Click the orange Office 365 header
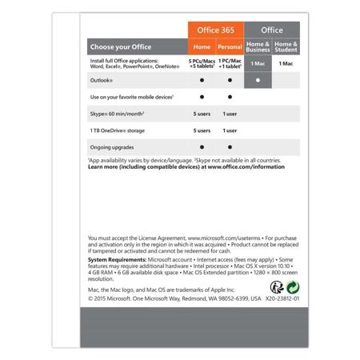click(x=214, y=30)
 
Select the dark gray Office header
click(x=271, y=30)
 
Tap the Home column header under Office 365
click(x=201, y=47)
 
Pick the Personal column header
click(x=230, y=47)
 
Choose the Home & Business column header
click(x=257, y=47)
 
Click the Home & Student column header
click(x=286, y=47)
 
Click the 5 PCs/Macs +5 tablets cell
click(x=201, y=63)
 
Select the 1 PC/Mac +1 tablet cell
click(x=230, y=63)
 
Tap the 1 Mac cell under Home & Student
click(x=286, y=62)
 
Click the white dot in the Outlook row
click(x=257, y=80)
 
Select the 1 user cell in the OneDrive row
click(x=230, y=130)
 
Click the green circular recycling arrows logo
click(x=294, y=286)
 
